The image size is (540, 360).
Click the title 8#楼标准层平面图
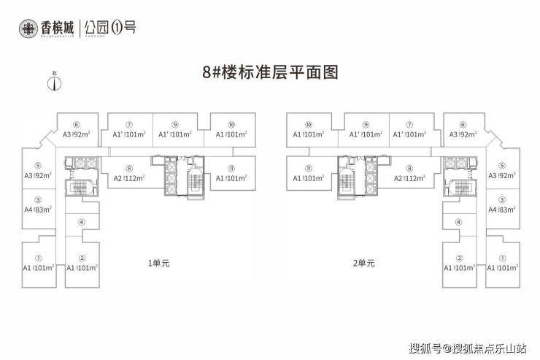(x=270, y=73)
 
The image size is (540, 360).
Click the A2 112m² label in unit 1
(x=129, y=178)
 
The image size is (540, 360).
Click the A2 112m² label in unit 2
(x=409, y=178)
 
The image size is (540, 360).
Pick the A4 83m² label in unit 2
(x=502, y=210)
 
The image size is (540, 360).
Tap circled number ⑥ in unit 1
(x=76, y=125)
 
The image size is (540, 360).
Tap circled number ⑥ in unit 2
(x=463, y=125)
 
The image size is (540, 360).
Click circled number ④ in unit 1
(x=82, y=223)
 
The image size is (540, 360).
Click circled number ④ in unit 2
(x=458, y=223)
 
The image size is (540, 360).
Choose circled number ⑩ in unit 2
(x=308, y=125)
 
